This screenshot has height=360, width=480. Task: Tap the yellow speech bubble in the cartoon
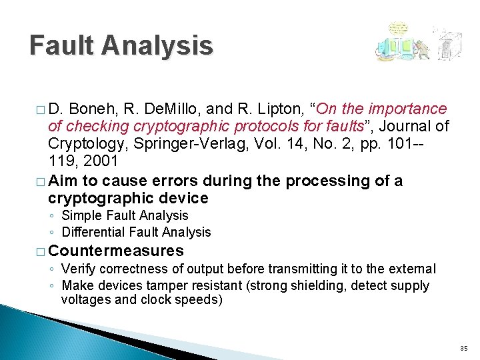(399, 30)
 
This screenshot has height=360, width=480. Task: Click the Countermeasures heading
(116, 251)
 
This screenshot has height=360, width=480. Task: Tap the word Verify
(77, 269)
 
